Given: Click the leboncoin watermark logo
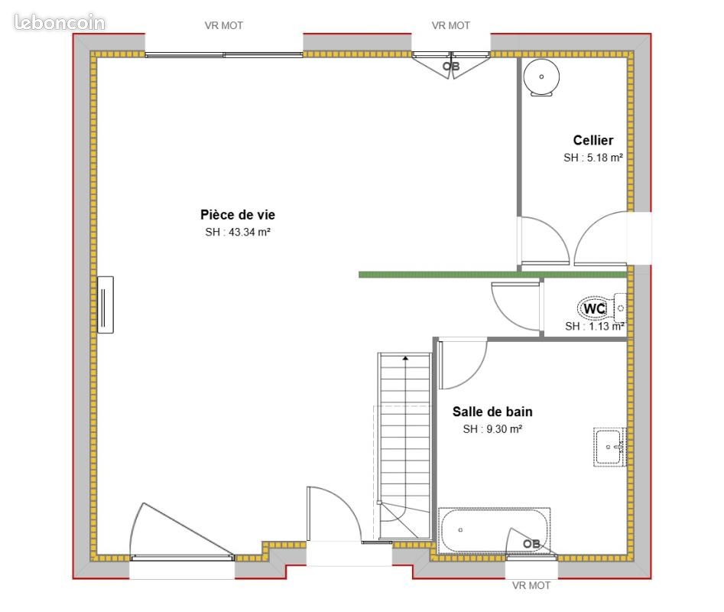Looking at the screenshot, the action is (60, 22).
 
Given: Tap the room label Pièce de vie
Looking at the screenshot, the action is (238, 214).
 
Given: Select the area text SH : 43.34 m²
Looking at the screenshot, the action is (238, 232).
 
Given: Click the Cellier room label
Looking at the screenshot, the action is (593, 140).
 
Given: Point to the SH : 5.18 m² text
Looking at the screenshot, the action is (593, 158).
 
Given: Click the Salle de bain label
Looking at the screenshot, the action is (492, 412).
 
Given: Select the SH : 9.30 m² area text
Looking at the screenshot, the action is (492, 429).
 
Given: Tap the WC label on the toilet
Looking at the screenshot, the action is (594, 308).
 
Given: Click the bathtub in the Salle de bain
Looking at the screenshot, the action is (494, 531).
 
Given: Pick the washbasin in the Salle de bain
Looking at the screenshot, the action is (609, 447).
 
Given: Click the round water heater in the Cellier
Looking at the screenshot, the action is (541, 77).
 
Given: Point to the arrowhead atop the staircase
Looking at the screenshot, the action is (405, 358).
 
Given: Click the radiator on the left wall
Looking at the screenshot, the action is (106, 304).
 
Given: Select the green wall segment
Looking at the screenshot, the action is (492, 275).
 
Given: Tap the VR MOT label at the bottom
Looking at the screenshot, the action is (531, 585).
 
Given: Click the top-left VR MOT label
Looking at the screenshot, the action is (224, 25).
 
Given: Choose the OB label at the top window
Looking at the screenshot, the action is (450, 67).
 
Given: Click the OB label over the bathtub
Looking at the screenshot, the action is (531, 544).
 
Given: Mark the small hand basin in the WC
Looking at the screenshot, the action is (620, 308).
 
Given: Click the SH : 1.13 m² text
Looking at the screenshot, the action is (595, 326).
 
